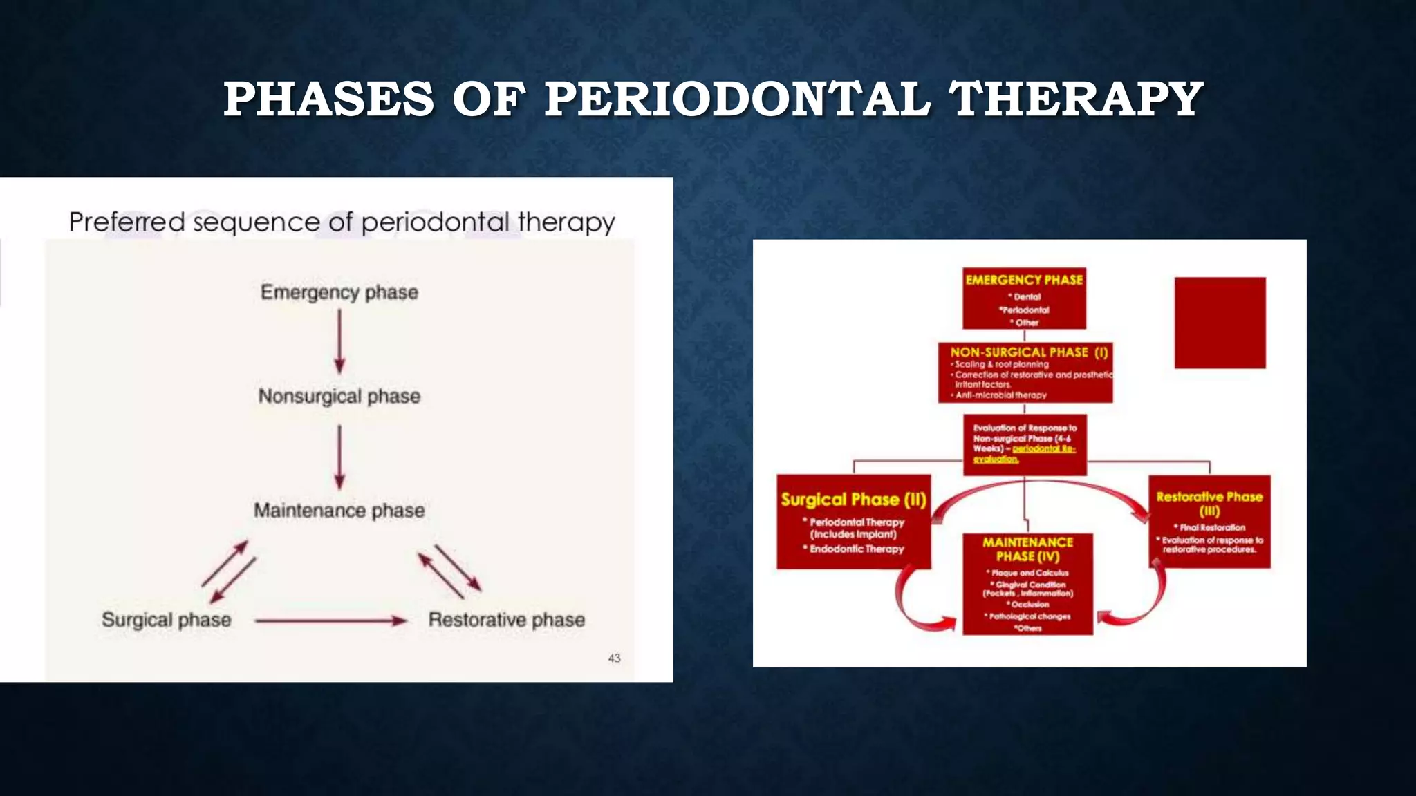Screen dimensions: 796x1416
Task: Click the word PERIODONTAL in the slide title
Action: tap(737, 99)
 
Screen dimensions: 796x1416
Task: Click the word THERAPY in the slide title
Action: tap(1076, 99)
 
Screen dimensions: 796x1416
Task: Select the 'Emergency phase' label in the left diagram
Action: tap(339, 292)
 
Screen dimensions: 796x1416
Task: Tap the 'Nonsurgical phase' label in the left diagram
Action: tap(339, 396)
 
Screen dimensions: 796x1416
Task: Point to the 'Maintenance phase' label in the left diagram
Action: tap(339, 511)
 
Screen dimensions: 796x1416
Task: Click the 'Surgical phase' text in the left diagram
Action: tap(167, 620)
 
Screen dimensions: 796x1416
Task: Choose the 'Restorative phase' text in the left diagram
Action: tap(507, 620)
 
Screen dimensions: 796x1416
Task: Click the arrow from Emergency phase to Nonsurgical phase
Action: tap(339, 341)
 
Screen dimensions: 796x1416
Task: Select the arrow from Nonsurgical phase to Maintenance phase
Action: tap(339, 457)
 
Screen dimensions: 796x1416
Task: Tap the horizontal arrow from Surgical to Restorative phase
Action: tap(330, 620)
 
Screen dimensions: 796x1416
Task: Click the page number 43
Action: tap(614, 658)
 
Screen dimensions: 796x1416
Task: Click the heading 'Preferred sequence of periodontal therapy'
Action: tap(342, 222)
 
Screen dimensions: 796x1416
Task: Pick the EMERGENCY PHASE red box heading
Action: tap(1024, 280)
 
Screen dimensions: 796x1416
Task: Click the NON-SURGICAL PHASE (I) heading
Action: tap(1029, 352)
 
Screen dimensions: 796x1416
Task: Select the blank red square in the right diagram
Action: tap(1220, 323)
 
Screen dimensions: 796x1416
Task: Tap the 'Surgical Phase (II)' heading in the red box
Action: tap(853, 500)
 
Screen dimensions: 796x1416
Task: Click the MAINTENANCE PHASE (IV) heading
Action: tap(1027, 549)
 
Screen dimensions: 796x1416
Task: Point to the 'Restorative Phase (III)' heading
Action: tap(1209, 504)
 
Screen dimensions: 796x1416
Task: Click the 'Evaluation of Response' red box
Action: tap(1025, 444)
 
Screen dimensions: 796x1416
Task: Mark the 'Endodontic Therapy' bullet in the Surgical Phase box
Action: tap(856, 549)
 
